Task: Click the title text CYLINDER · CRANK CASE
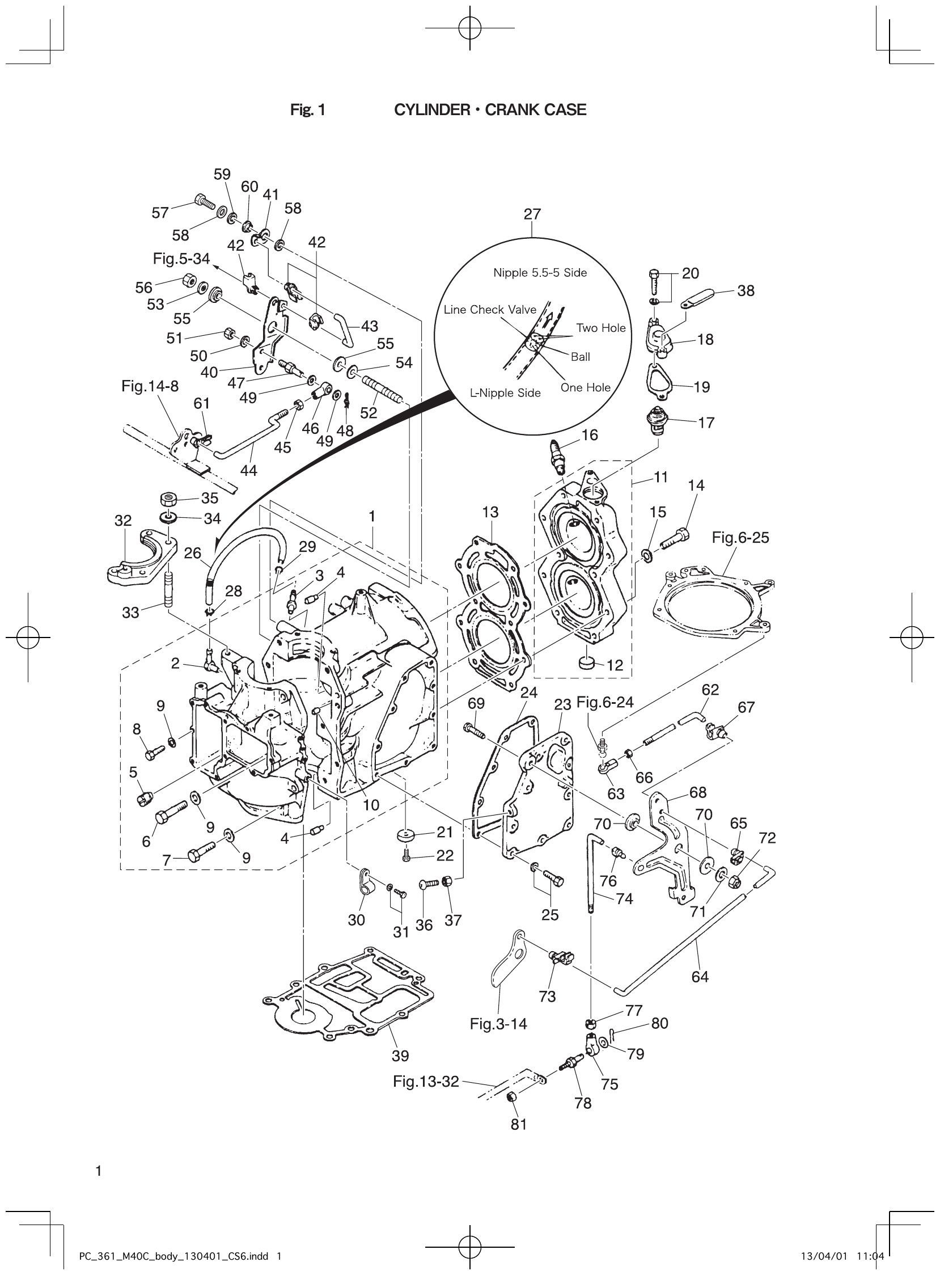[490, 110]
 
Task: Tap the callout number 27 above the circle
[532, 214]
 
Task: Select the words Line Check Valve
[490, 310]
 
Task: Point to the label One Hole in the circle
[585, 387]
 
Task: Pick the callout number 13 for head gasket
[490, 512]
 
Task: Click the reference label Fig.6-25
[740, 537]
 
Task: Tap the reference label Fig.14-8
[150, 386]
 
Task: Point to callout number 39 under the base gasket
[400, 1056]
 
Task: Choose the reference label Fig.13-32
[426, 1082]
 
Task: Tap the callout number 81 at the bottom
[518, 1124]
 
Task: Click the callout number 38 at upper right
[746, 291]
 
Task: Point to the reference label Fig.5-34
[181, 259]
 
